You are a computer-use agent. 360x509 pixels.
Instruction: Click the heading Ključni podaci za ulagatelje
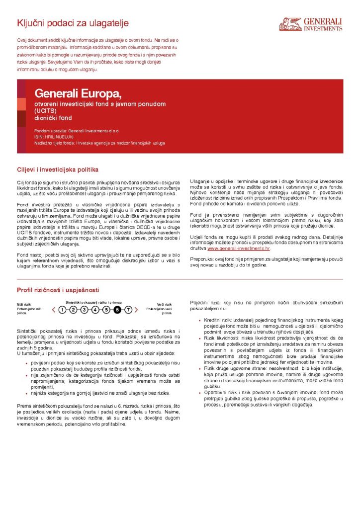pos(73,23)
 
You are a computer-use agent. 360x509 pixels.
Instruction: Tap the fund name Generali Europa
pos(78,93)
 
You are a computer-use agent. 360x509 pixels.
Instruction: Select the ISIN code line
pos(54,136)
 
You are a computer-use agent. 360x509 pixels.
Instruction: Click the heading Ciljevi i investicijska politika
pos(58,169)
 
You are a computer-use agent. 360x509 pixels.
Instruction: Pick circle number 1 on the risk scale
pos(62,310)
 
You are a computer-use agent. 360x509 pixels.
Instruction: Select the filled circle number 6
pos(117,310)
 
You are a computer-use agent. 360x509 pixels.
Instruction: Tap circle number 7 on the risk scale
pos(128,310)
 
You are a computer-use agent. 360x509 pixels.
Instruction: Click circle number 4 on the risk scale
pos(95,310)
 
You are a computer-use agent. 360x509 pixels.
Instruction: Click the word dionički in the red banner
pos(45,118)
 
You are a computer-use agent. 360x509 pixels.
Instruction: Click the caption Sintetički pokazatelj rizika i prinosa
pos(93,302)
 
